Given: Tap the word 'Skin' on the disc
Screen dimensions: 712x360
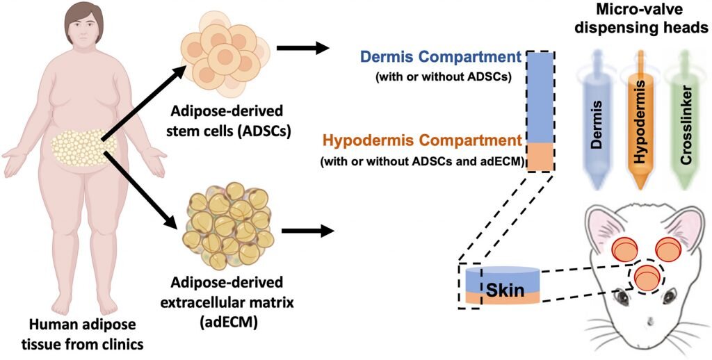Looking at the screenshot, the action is coord(505,290).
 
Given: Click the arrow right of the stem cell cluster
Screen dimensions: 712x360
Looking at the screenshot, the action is coord(302,47).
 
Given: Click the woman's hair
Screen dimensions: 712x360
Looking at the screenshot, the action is coord(84,20).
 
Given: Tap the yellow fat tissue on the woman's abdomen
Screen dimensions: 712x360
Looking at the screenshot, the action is coord(84,147).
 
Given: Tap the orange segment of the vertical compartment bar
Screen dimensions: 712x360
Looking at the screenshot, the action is coord(540,156).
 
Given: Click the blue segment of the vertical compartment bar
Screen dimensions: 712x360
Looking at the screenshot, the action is coord(540,97).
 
